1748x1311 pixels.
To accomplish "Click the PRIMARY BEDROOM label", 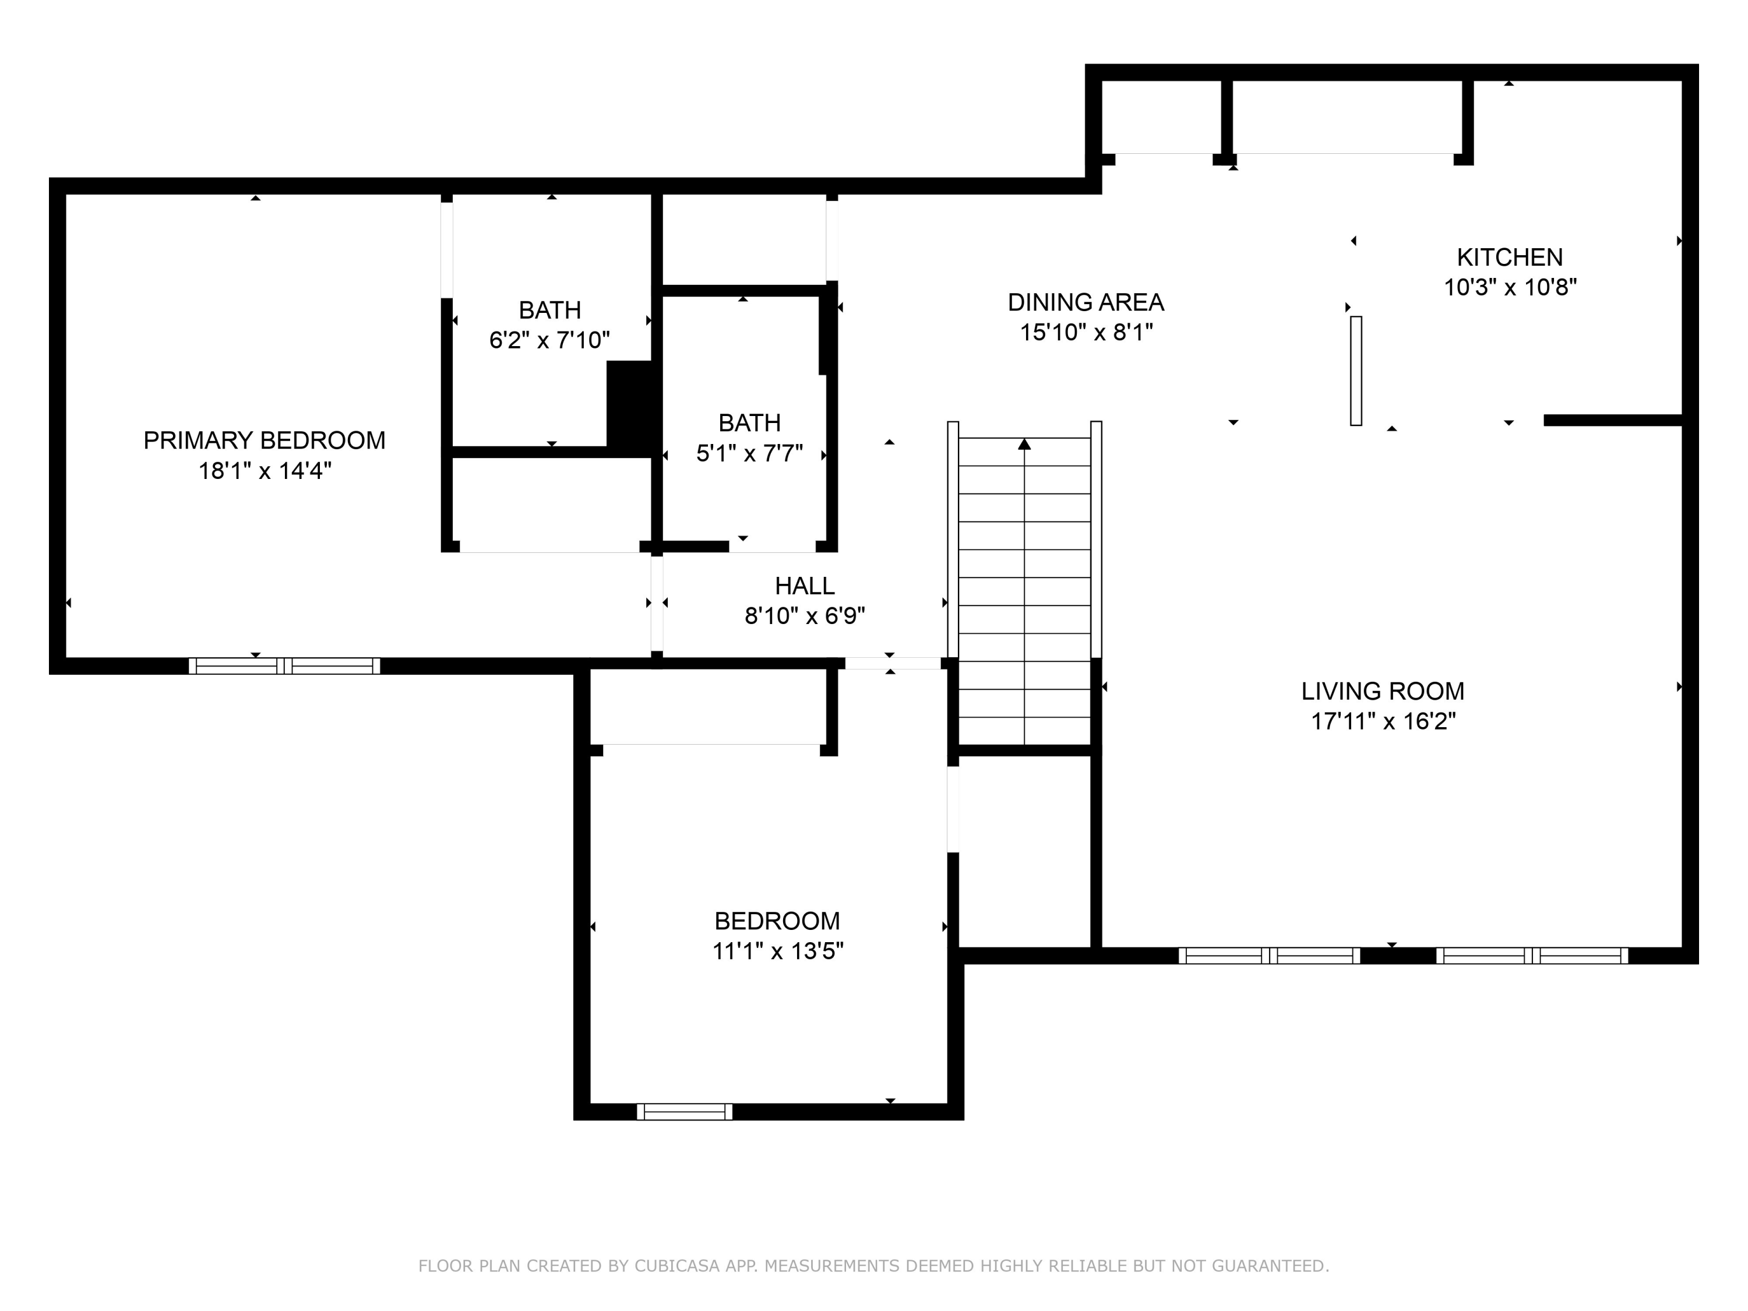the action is tap(264, 440).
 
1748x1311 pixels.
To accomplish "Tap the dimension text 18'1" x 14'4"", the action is tap(264, 470).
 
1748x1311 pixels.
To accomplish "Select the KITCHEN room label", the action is tap(1509, 257).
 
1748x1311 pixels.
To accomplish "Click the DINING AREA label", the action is tap(1086, 302).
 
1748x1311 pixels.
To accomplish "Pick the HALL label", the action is tap(805, 586).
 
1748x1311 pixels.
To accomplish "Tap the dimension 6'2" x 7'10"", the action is tap(549, 340).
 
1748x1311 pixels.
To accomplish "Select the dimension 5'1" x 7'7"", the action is tap(749, 453).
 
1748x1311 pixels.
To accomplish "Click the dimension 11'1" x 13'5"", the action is tap(778, 951).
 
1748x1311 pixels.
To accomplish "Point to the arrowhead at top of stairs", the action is tap(1024, 444).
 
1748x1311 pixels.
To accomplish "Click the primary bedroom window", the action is tap(284, 666).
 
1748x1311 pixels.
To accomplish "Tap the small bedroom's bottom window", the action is tap(685, 1112).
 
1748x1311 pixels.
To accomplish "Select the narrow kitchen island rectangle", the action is tap(1356, 371).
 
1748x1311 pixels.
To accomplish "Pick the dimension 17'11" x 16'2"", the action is tap(1383, 721).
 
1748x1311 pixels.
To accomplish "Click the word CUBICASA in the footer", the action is tap(676, 1266).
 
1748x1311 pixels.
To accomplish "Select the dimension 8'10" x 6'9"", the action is tap(805, 616).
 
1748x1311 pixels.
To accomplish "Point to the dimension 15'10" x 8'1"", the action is tap(1086, 332).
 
